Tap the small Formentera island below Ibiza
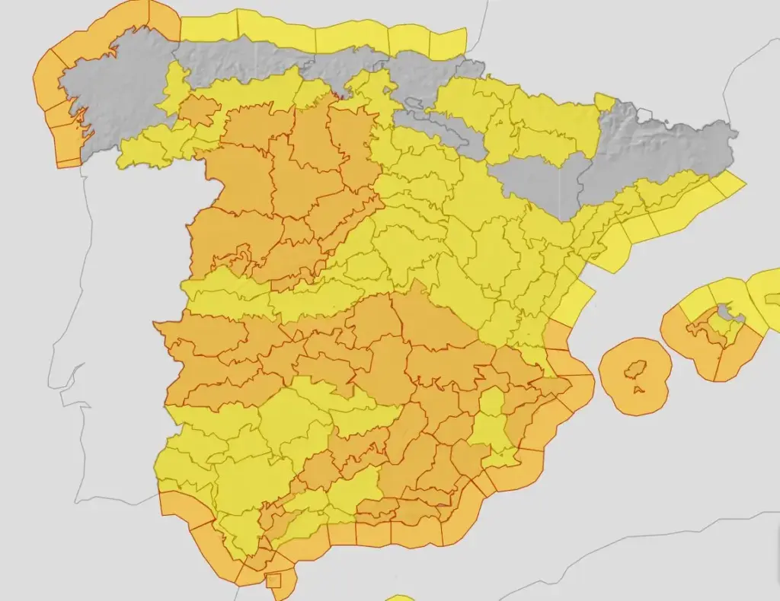click(x=638, y=391)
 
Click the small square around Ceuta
click(x=273, y=581)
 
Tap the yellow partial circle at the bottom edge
click(x=399, y=597)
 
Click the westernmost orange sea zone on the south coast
click(x=175, y=505)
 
